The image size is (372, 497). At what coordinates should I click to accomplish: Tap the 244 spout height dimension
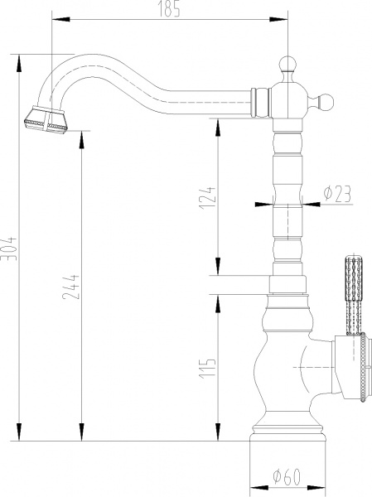pos(73,285)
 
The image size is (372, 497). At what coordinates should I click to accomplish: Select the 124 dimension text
pos(210,196)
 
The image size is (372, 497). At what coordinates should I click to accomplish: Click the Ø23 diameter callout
pos(336,193)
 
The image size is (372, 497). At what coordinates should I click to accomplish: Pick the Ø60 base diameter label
pos(285,477)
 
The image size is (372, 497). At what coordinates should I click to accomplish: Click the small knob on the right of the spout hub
pos(327,102)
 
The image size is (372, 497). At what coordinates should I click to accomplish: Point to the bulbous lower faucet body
pos(286,364)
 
